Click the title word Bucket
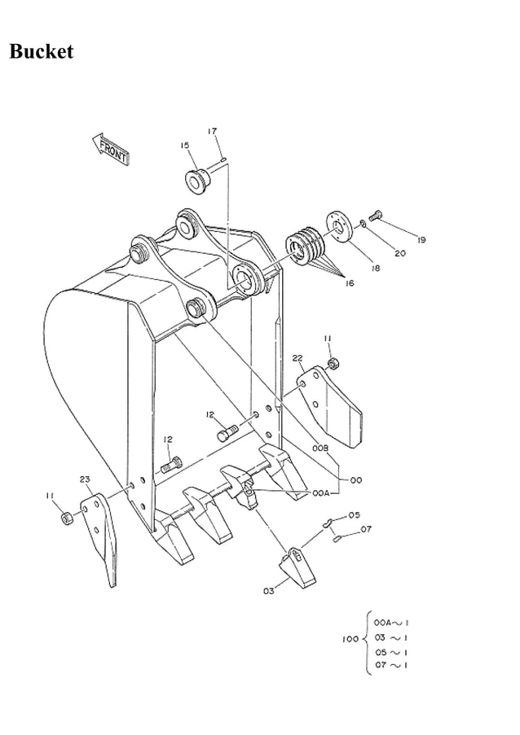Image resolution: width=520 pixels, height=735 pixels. point(42,52)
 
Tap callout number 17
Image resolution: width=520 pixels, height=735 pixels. point(212,131)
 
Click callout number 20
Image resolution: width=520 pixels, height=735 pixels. point(399,253)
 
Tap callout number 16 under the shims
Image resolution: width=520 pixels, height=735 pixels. point(350,283)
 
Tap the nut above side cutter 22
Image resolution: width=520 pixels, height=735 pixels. point(333,361)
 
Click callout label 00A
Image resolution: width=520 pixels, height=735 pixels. point(320,492)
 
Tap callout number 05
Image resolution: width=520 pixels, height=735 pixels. point(354,515)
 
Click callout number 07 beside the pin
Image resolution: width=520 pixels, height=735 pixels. point(366,529)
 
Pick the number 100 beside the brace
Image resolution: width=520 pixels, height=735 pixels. point(350,638)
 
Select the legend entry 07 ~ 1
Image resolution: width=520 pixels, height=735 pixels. point(391,666)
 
